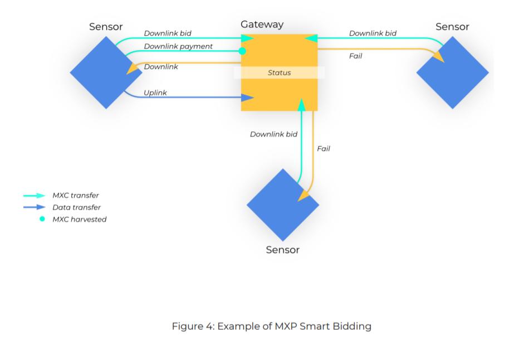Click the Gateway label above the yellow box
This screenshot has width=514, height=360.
click(262, 25)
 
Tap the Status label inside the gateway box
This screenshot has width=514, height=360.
click(279, 72)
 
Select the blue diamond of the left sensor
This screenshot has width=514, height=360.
click(106, 72)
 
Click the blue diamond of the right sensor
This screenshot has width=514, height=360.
click(452, 72)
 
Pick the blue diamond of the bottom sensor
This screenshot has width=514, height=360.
click(283, 205)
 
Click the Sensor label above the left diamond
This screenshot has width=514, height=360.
click(106, 27)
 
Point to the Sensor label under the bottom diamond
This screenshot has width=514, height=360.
click(283, 250)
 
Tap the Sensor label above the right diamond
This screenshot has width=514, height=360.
click(452, 27)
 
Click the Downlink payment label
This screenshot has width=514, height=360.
click(178, 46)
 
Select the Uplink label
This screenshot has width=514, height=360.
click(155, 93)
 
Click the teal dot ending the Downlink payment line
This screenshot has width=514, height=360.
click(242, 51)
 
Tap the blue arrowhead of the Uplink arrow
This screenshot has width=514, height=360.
click(249, 98)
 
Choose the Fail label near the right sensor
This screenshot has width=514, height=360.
click(355, 56)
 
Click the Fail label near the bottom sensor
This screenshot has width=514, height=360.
click(324, 149)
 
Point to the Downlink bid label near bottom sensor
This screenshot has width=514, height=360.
click(273, 134)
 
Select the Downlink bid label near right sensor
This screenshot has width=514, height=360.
click(373, 33)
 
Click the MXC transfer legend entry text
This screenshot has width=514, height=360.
click(75, 196)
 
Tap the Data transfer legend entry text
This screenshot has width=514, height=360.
click(76, 207)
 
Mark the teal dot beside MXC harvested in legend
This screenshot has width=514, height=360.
click(42, 219)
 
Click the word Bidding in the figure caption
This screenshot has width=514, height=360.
click(351, 326)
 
